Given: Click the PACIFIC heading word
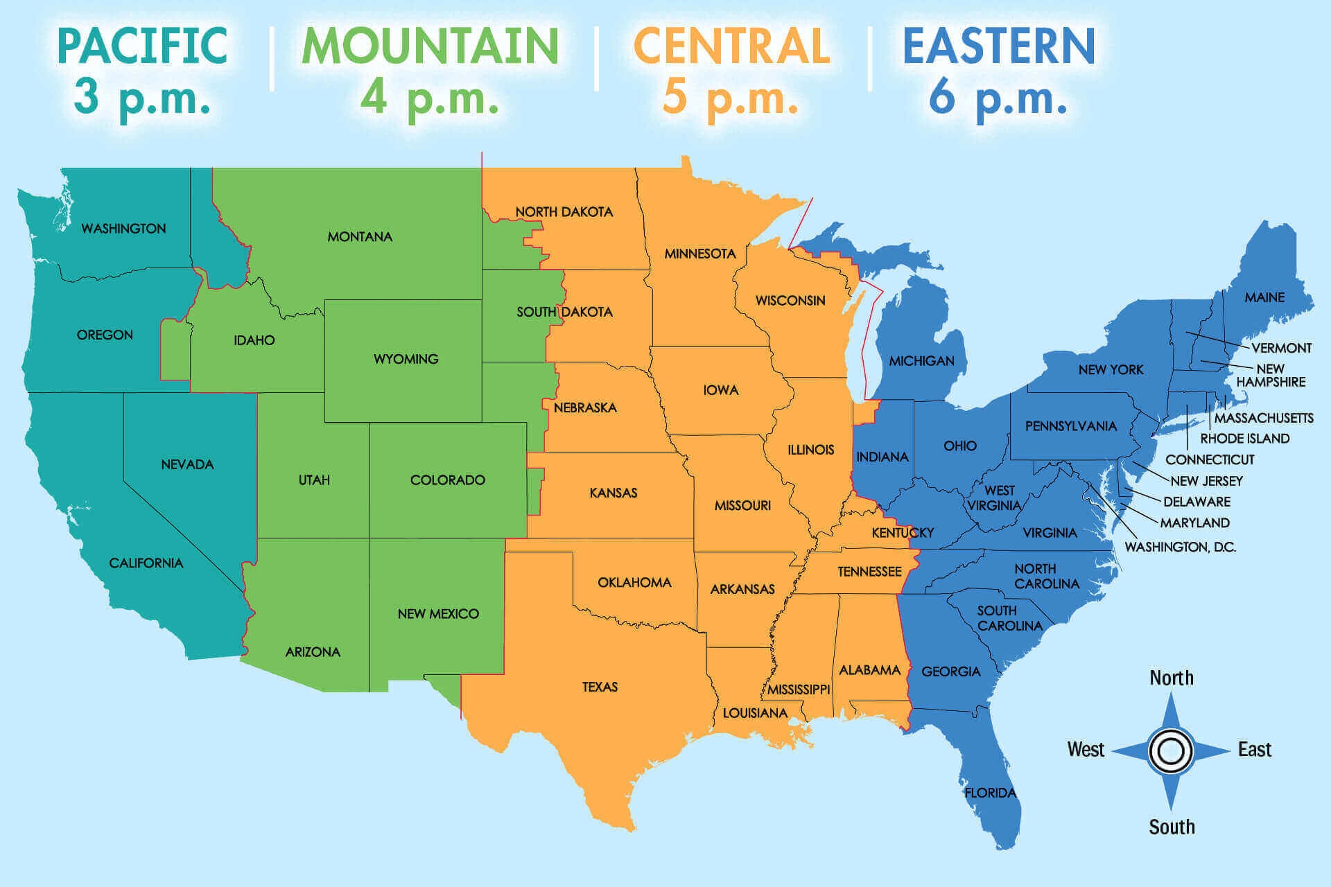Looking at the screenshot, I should coord(142,46).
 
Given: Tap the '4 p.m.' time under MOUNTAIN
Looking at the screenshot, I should coord(430,97).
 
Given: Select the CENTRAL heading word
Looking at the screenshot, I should coord(731,46).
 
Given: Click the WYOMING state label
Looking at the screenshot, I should coord(406,359).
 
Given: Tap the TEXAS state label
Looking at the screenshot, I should coord(600,687).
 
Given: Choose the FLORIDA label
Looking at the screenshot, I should coord(990,793).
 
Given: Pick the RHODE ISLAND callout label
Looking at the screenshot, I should coord(1244,439).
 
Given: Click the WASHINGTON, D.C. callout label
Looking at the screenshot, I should coord(1180,547).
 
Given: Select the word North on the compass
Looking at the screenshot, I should coord(1172,678).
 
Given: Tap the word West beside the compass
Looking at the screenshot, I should coord(1086,750).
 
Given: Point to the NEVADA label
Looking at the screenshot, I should coord(187,464).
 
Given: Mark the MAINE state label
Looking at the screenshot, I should coord(1264,297).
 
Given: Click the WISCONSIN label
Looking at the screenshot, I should coord(790,301).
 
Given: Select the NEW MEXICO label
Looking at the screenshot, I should coord(438,614).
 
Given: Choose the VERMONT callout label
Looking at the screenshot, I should coord(1281,348).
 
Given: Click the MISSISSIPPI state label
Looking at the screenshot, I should coord(799,690).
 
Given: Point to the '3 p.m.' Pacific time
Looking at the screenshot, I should coord(142,97).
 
